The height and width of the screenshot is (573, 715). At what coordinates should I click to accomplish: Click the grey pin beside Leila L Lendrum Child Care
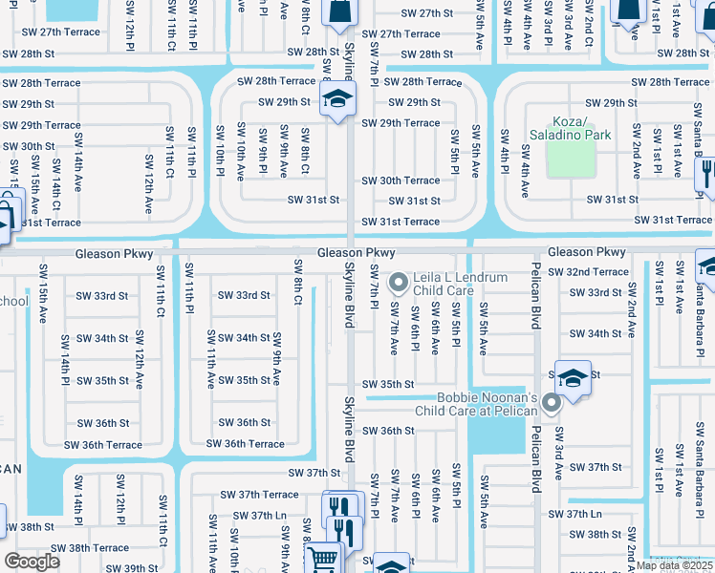pyautogui.click(x=401, y=281)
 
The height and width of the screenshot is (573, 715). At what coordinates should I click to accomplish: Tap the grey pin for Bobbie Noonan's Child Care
pyautogui.click(x=552, y=404)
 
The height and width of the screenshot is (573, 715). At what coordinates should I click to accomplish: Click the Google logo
pyautogui.click(x=32, y=562)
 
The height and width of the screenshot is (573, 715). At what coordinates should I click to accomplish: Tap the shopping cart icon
pyautogui.click(x=324, y=558)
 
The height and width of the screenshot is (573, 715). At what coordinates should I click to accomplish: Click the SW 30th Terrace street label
pyautogui.click(x=401, y=180)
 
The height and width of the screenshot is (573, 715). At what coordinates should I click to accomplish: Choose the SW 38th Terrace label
pyautogui.click(x=90, y=548)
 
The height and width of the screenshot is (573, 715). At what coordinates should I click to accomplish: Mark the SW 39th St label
pyautogui.click(x=133, y=568)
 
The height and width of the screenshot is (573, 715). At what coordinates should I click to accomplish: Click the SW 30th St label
pyautogui.click(x=29, y=146)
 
